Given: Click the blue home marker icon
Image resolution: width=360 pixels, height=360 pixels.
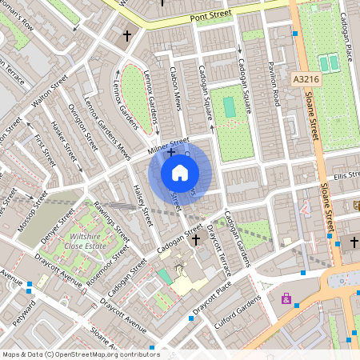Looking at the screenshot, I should pos(180,173).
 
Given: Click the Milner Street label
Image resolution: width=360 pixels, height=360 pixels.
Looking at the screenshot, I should pos(169,143).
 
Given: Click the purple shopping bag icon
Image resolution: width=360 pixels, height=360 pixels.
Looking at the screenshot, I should pos(286,298).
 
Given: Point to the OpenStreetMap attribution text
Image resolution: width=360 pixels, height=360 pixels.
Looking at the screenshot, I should pos(80,354).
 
